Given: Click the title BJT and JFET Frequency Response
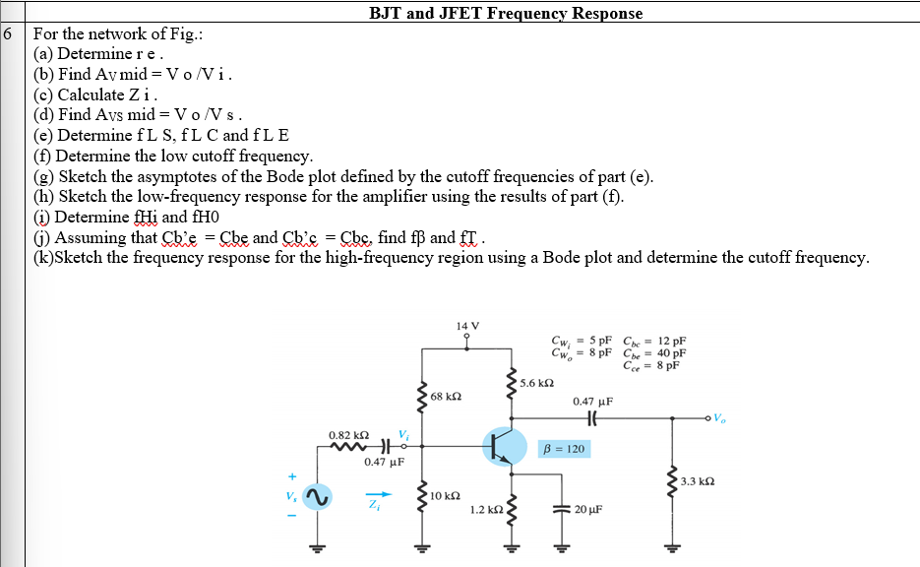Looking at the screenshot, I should pos(506,13).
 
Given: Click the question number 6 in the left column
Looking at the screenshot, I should pos(9,32).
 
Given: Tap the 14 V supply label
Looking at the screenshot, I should pos(468,326).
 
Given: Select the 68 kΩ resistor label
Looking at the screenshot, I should pos(447,397).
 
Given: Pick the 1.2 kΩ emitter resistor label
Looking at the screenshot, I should pos(487,511).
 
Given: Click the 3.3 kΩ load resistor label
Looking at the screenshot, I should pos(697,481).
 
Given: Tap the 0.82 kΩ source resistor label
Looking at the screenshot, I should pos(348,434).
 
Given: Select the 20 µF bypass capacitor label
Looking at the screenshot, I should pos(590,511).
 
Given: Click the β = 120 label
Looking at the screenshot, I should pos(564,449).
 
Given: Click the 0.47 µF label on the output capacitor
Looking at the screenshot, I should pos(592,402).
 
